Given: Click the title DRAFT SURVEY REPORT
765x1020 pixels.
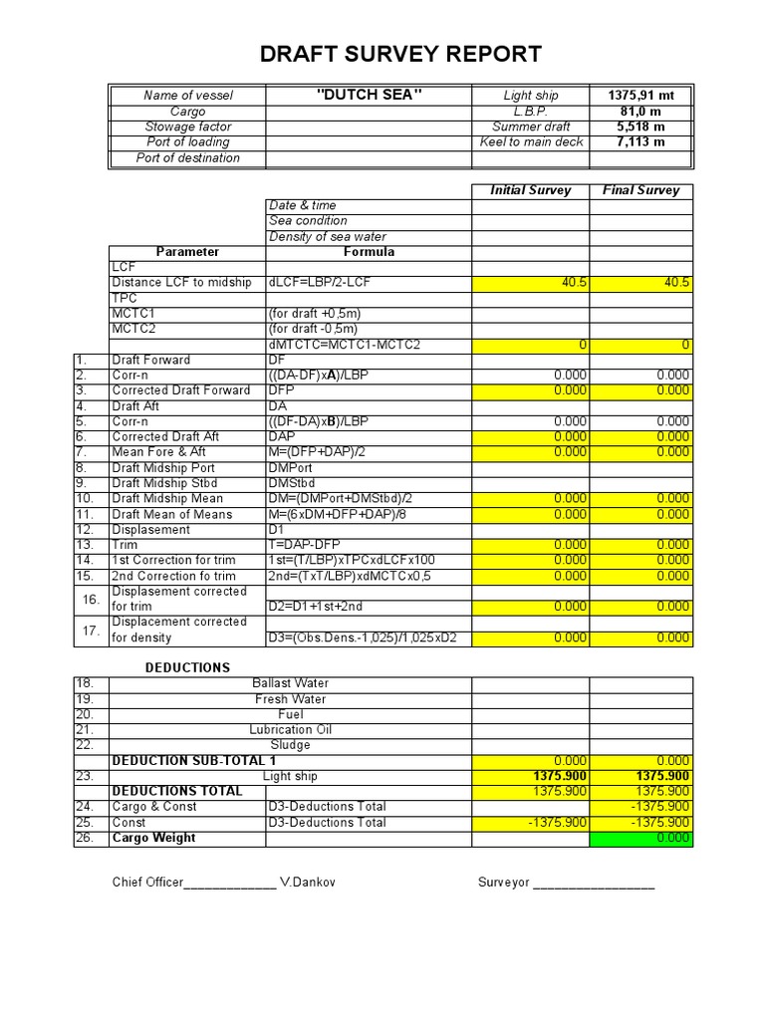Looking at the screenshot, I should tap(400, 54).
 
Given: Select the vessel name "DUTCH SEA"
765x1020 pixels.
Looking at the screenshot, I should tap(369, 95).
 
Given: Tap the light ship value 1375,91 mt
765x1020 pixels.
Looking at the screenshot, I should tap(640, 96).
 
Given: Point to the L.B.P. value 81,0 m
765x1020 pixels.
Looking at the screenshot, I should tap(640, 112).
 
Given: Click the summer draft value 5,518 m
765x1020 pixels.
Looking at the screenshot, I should tap(640, 127).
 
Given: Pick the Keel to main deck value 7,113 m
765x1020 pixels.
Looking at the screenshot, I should tap(640, 142).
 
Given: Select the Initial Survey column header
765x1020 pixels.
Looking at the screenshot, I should tap(530, 190).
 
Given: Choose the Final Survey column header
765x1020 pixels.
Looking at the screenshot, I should tap(640, 190).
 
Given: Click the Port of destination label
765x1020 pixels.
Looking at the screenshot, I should tap(187, 158).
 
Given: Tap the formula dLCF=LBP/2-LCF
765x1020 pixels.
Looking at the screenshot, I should tap(320, 283).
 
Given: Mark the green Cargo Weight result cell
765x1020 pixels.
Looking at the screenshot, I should tap(640, 839).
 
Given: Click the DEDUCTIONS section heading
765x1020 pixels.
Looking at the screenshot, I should tap(188, 667).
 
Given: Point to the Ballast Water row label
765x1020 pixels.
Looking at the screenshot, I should tap(290, 683).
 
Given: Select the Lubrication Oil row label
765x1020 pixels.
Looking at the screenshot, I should tap(290, 730).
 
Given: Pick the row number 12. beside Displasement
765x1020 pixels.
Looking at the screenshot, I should tap(84, 530).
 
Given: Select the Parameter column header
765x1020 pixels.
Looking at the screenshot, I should tap(187, 252).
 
